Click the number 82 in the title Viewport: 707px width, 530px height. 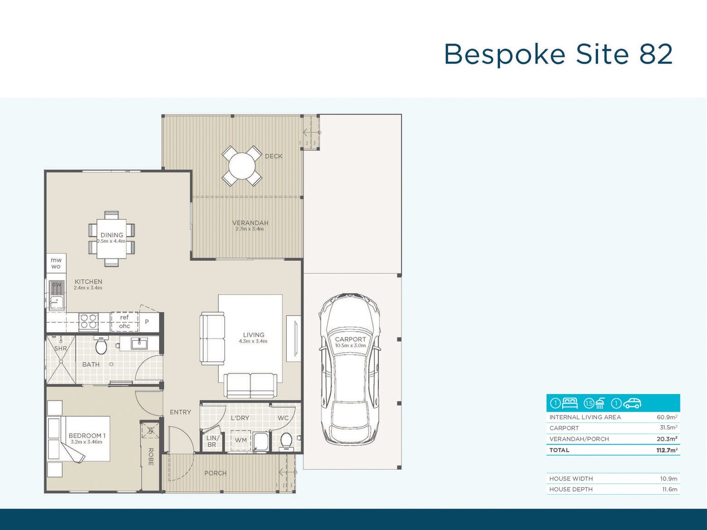coord(655,54)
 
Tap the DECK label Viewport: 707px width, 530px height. coord(273,156)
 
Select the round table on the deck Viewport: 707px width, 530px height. coord(242,166)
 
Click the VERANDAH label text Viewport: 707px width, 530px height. coord(250,223)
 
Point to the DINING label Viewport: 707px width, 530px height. coord(111,235)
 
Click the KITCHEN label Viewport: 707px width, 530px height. coord(88,282)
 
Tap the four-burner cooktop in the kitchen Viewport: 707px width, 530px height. coord(88,321)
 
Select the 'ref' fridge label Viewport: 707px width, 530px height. coord(124,318)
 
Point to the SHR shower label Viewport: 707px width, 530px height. coord(60,348)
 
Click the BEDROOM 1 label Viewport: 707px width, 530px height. coord(87,435)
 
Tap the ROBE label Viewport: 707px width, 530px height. coord(151,456)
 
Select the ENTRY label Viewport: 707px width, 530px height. coord(180,412)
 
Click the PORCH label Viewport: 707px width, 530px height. coord(216,473)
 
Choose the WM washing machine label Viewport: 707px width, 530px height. coord(241,440)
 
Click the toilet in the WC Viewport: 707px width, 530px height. coord(286,441)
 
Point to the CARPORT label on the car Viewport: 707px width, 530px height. coord(350,339)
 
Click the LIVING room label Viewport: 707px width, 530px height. coord(253,335)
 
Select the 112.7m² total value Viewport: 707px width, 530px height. coord(667,450)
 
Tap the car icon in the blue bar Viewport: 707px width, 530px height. coord(632,403)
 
